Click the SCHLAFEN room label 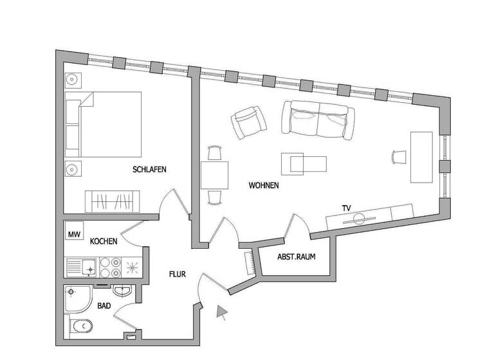(x=149, y=170)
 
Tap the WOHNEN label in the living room (x=264, y=186)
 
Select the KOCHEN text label (x=104, y=242)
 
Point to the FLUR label (x=178, y=274)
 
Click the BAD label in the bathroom (x=104, y=307)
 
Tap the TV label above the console (x=347, y=208)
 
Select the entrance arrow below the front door (x=223, y=313)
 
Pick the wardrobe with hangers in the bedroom (x=113, y=202)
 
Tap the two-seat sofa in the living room (x=318, y=120)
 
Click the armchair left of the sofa (x=249, y=122)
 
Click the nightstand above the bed (x=72, y=81)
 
